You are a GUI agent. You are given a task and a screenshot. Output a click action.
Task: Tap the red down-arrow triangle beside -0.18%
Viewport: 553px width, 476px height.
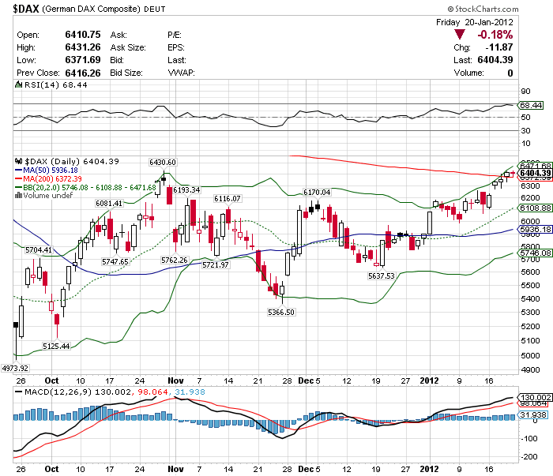click(460, 35)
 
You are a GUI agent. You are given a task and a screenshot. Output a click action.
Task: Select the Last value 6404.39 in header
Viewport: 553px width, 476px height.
click(495, 60)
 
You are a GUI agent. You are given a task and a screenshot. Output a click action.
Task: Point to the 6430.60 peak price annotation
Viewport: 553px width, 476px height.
click(163, 162)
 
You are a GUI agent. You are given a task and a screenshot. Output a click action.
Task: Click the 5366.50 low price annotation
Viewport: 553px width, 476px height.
click(281, 312)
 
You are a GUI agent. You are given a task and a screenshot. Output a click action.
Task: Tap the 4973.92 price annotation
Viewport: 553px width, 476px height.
click(16, 368)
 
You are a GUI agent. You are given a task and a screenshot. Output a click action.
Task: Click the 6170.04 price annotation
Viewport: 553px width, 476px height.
click(318, 192)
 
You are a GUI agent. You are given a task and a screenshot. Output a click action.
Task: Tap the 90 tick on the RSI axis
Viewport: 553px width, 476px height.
click(524, 92)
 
